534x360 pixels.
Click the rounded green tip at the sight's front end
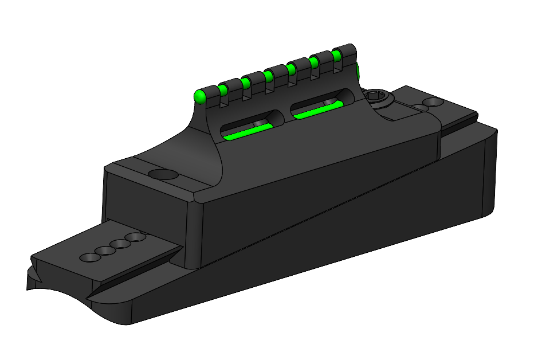(x=199, y=96)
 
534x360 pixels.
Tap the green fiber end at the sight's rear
(x=358, y=72)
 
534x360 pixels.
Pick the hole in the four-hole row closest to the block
(x=136, y=237)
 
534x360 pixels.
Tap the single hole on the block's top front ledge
(x=162, y=174)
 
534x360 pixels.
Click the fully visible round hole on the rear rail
(x=435, y=102)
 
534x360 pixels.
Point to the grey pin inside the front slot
(x=259, y=124)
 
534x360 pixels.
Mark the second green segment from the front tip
(x=223, y=89)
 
